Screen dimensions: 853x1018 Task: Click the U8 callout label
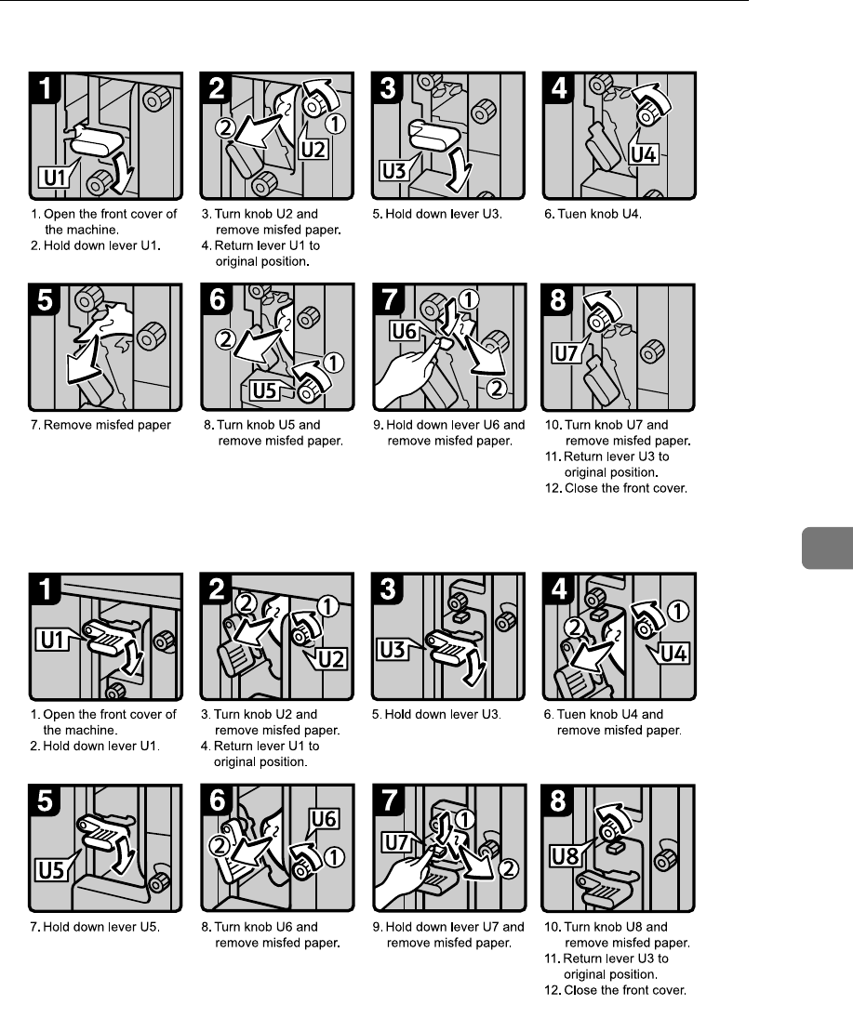565,856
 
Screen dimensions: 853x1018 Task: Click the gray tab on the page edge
827,549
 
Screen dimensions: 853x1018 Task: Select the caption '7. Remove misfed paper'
100,425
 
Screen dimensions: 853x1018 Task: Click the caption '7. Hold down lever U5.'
95,927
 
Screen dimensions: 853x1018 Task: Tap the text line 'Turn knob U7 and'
616,425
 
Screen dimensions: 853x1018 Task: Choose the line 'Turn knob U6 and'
266,927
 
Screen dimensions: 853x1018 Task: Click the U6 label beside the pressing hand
404,331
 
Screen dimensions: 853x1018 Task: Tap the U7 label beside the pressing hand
395,842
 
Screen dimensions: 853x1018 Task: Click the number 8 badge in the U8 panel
557,801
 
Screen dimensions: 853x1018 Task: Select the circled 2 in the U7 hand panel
508,868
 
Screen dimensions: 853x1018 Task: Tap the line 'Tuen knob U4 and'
610,715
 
